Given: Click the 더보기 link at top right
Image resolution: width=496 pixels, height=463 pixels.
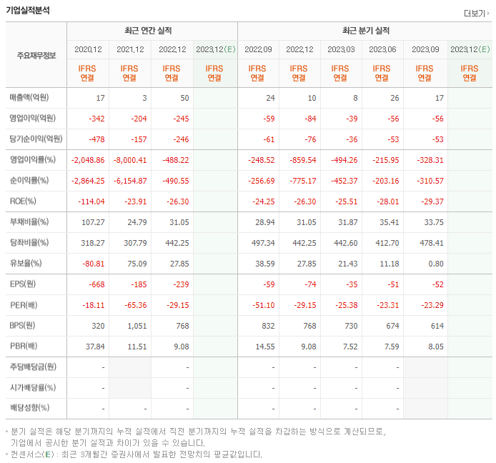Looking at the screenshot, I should (477, 14).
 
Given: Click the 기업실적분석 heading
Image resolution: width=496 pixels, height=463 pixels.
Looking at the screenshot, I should (29, 9).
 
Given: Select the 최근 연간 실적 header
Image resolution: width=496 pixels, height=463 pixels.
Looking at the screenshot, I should (152, 31).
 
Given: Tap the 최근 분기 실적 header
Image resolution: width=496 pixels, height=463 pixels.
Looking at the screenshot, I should (365, 31).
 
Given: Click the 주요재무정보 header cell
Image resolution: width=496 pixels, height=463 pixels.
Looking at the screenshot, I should (36, 55).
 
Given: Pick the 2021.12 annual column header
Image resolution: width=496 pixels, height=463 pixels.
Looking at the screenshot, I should (130, 49).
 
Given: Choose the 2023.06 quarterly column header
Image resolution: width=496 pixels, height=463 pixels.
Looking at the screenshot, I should (382, 49).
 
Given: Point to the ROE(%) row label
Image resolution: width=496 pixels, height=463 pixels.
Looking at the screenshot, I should (23, 201).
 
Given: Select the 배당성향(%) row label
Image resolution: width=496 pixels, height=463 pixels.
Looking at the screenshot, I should (30, 408).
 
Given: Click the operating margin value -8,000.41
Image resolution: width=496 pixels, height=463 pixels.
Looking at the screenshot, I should (129, 160).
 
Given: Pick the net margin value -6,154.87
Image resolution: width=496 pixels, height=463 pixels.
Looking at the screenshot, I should (129, 181).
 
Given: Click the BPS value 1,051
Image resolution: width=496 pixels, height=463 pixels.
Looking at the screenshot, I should (136, 325).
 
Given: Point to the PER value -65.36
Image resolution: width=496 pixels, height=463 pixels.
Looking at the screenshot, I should (132, 305).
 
